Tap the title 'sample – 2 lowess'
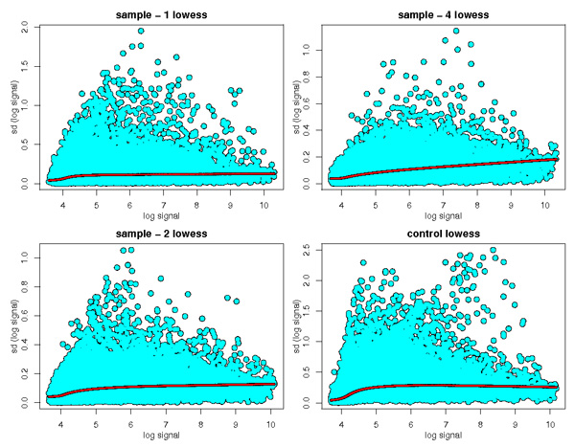pos(154,235)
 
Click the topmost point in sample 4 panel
pos(455,31)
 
